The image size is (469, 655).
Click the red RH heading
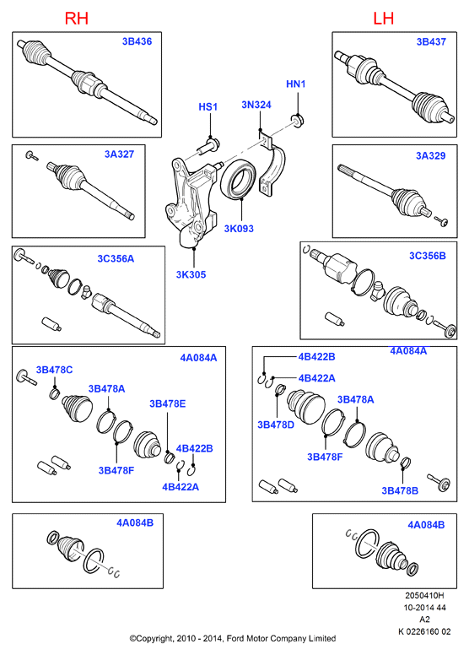[77, 19]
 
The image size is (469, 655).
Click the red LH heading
[384, 19]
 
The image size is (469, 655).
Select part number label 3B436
[137, 41]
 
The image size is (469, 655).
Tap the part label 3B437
[431, 41]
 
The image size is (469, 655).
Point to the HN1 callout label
[296, 84]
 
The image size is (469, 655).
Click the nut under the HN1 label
[298, 121]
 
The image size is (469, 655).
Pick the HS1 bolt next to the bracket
[210, 145]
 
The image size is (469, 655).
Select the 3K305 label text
[191, 274]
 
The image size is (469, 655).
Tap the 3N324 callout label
[256, 105]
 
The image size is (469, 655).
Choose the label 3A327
[120, 154]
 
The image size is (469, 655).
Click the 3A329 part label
[430, 156]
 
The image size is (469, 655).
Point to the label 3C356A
[116, 258]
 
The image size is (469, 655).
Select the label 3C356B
[427, 256]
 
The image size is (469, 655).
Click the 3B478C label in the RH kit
[54, 370]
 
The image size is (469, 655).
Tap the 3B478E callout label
[168, 403]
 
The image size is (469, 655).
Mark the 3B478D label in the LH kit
[276, 425]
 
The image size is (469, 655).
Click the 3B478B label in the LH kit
[400, 491]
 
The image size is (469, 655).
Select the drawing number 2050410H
[424, 595]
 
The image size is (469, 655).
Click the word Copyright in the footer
[154, 639]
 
